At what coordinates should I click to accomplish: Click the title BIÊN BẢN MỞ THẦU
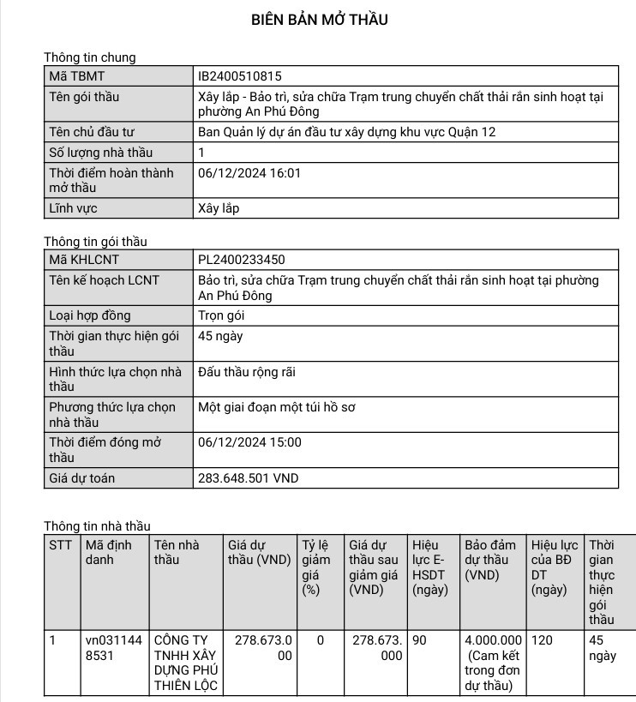tap(319, 20)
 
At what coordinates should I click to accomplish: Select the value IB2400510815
tap(239, 76)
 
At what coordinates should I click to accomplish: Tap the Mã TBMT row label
tap(76, 76)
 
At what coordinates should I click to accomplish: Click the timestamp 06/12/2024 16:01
tap(249, 173)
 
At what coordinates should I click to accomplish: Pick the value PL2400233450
tap(241, 260)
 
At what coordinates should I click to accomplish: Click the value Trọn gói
tap(221, 315)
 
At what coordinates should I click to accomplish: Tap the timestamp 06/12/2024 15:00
tap(249, 442)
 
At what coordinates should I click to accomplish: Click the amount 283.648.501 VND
tap(248, 478)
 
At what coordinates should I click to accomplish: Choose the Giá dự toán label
tap(82, 478)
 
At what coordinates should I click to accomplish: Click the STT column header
tap(61, 545)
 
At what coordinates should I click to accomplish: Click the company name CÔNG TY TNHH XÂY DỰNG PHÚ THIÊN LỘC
tap(185, 663)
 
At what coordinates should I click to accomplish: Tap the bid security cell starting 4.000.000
tap(493, 663)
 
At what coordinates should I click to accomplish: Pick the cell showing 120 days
tap(542, 640)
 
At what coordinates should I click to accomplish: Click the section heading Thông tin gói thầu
tap(95, 242)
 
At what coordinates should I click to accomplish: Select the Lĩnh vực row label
tap(73, 208)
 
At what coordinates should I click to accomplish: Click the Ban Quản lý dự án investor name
tap(346, 132)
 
